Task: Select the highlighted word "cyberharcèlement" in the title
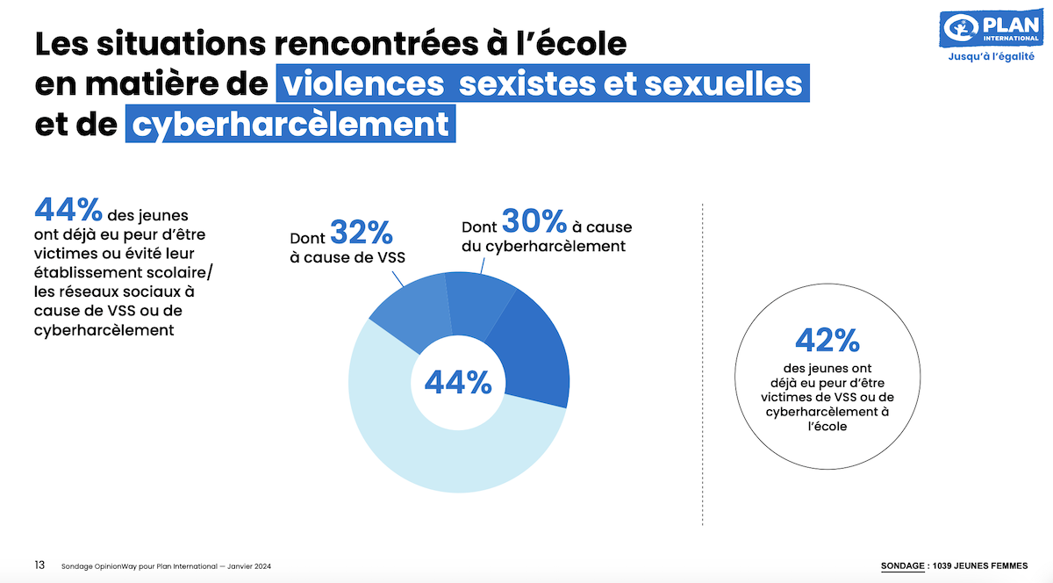(290, 124)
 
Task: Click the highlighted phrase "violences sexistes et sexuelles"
(541, 83)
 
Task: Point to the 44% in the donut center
(457, 382)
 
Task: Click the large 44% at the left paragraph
(68, 210)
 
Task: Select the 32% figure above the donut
(361, 233)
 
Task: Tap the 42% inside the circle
(827, 340)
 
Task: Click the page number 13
(39, 565)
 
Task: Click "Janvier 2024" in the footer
(254, 565)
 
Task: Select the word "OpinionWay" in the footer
(113, 565)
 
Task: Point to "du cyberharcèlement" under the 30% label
(543, 247)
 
